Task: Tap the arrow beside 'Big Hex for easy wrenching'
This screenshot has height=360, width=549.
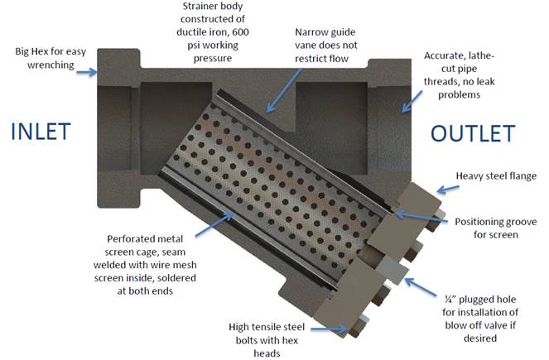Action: pos(86,72)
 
